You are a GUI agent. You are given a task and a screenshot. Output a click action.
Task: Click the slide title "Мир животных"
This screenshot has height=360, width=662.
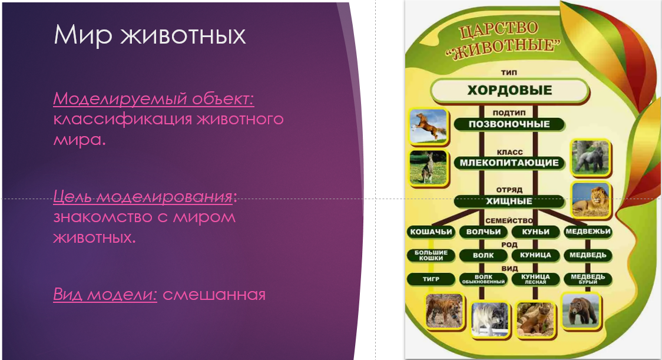coord(150,35)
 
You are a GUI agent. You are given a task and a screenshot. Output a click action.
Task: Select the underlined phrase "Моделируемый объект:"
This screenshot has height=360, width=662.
coord(154,98)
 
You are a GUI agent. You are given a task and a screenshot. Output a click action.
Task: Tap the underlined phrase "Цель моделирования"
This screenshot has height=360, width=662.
coord(143,196)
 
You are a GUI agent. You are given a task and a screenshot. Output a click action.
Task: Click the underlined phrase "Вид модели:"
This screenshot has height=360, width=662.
coord(105,294)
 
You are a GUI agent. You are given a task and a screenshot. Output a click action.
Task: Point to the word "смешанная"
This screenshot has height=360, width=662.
coord(214,295)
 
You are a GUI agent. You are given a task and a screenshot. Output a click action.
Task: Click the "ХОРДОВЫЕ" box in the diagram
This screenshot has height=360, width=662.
coord(509,90)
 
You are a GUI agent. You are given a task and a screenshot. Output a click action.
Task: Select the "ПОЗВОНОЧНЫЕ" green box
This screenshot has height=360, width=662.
coord(509,124)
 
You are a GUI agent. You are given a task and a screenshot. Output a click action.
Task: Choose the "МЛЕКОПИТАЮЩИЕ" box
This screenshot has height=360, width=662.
coord(509,163)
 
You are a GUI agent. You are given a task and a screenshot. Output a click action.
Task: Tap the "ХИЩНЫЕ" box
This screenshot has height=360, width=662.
coord(509,201)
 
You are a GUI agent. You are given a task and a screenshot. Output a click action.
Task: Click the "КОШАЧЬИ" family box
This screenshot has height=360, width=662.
coord(431,232)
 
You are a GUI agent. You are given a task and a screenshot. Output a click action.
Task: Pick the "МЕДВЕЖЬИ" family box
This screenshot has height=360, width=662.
coord(588,232)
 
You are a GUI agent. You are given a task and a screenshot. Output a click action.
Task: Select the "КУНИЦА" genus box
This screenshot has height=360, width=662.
coord(535,255)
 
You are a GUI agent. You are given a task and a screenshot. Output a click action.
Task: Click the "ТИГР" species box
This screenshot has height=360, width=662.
coord(431,279)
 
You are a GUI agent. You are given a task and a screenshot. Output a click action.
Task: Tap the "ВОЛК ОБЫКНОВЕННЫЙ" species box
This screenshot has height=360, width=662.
coord(484,279)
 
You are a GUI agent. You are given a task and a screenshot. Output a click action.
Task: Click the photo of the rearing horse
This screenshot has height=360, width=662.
coord(428,126)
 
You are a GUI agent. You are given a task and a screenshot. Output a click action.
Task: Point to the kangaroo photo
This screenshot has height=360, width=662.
coord(428,168)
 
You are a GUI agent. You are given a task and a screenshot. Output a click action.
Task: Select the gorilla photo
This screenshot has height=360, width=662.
coord(591,157)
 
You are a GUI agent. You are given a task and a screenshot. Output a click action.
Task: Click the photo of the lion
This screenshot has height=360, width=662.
coord(591,200)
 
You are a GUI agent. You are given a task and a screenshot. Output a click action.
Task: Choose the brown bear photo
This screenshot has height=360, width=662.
coord(581,311)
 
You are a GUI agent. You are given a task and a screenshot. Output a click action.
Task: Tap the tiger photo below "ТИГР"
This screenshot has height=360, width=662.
coord(443,312)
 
